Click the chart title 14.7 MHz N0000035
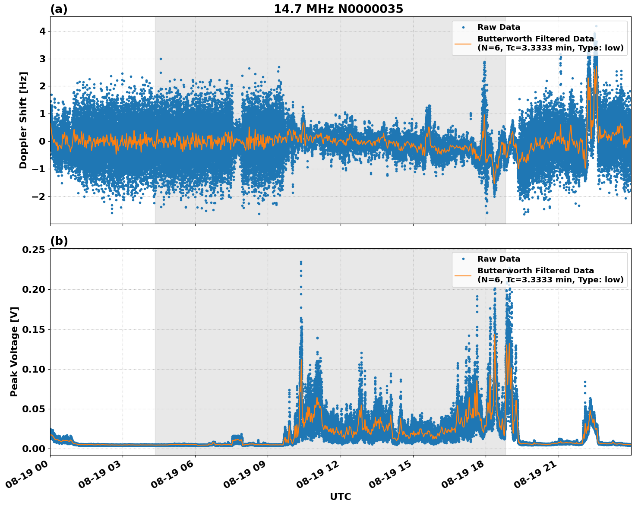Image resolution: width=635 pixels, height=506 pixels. (338, 9)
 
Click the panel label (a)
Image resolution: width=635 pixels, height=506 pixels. (59, 9)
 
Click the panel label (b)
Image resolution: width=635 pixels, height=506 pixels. (59, 241)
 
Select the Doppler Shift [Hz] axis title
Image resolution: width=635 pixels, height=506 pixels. (23, 120)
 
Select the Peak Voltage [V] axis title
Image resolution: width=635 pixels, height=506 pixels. (14, 351)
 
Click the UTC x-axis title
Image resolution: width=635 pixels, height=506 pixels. (340, 497)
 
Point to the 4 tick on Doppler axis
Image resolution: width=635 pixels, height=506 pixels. (42, 31)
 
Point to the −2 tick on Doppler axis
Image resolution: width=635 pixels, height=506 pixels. (40, 196)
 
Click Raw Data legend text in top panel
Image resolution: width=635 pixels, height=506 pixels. (499, 27)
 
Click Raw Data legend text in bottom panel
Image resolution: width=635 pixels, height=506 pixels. (499, 259)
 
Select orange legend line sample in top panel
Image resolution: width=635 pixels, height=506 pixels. (463, 43)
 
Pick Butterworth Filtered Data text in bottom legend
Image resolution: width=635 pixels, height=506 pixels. (535, 271)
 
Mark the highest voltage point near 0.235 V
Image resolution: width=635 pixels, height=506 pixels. (301, 262)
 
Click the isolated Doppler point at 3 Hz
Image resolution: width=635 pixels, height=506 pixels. (161, 59)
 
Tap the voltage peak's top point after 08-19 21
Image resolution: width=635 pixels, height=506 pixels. (585, 382)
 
